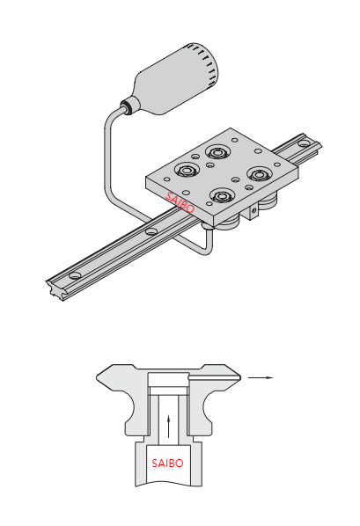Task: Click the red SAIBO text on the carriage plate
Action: point(180,202)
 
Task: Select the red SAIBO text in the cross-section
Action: point(167,463)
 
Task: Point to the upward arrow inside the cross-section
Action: point(169,427)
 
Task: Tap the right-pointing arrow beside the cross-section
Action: point(261,377)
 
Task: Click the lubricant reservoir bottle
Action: point(177,79)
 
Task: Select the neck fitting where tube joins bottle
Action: point(129,105)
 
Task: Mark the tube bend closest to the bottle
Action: point(112,117)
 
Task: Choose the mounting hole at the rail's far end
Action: point(304,143)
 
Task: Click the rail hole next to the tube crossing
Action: point(151,231)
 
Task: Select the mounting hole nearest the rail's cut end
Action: point(75,275)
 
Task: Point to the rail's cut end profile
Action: point(55,289)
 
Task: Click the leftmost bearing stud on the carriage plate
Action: point(187,170)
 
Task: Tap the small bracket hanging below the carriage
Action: point(253,211)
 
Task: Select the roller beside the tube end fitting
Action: point(227,223)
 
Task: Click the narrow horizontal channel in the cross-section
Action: point(214,377)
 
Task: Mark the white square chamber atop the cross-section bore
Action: point(167,379)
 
